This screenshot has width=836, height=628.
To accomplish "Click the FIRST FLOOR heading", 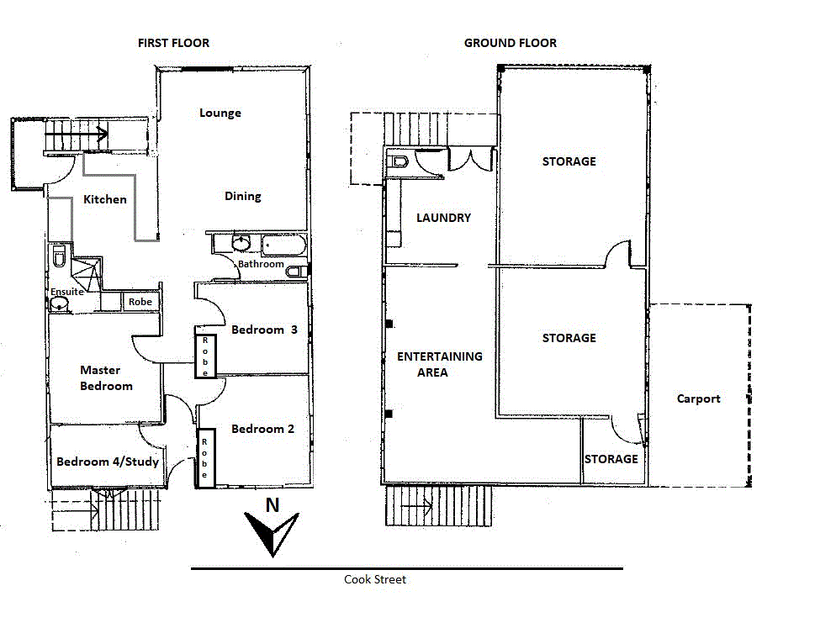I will [x=173, y=43].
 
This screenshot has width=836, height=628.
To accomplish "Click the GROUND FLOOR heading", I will [x=510, y=43].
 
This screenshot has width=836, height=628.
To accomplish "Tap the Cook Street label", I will [x=374, y=579].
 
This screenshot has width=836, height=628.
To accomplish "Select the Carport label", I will [x=698, y=398].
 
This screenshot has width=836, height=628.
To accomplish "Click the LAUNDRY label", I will [x=443, y=218].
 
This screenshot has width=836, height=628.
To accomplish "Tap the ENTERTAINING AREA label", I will [x=439, y=364].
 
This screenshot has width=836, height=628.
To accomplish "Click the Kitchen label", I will [x=105, y=199].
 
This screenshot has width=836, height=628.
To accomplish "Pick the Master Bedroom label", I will [x=106, y=377].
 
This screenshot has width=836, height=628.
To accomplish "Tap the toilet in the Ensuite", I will [x=58, y=256].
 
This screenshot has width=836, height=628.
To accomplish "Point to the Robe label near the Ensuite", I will [x=140, y=302].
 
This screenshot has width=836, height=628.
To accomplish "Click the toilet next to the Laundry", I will [x=399, y=161].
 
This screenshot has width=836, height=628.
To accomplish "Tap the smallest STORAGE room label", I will [x=611, y=459].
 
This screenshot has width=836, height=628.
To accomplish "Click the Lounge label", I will [x=220, y=113].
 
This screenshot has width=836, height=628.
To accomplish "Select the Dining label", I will [x=242, y=196].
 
